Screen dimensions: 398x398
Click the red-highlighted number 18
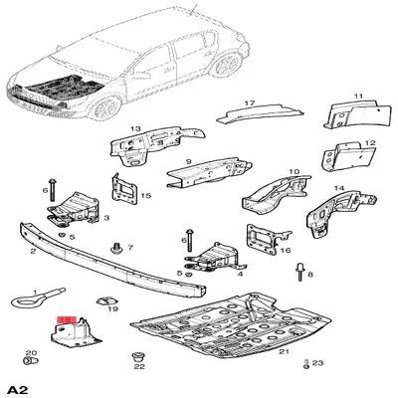[68, 320]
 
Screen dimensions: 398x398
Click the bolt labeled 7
[118, 244]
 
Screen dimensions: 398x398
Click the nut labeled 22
[139, 356]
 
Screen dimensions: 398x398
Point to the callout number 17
[250, 101]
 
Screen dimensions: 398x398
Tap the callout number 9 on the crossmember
[188, 161]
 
